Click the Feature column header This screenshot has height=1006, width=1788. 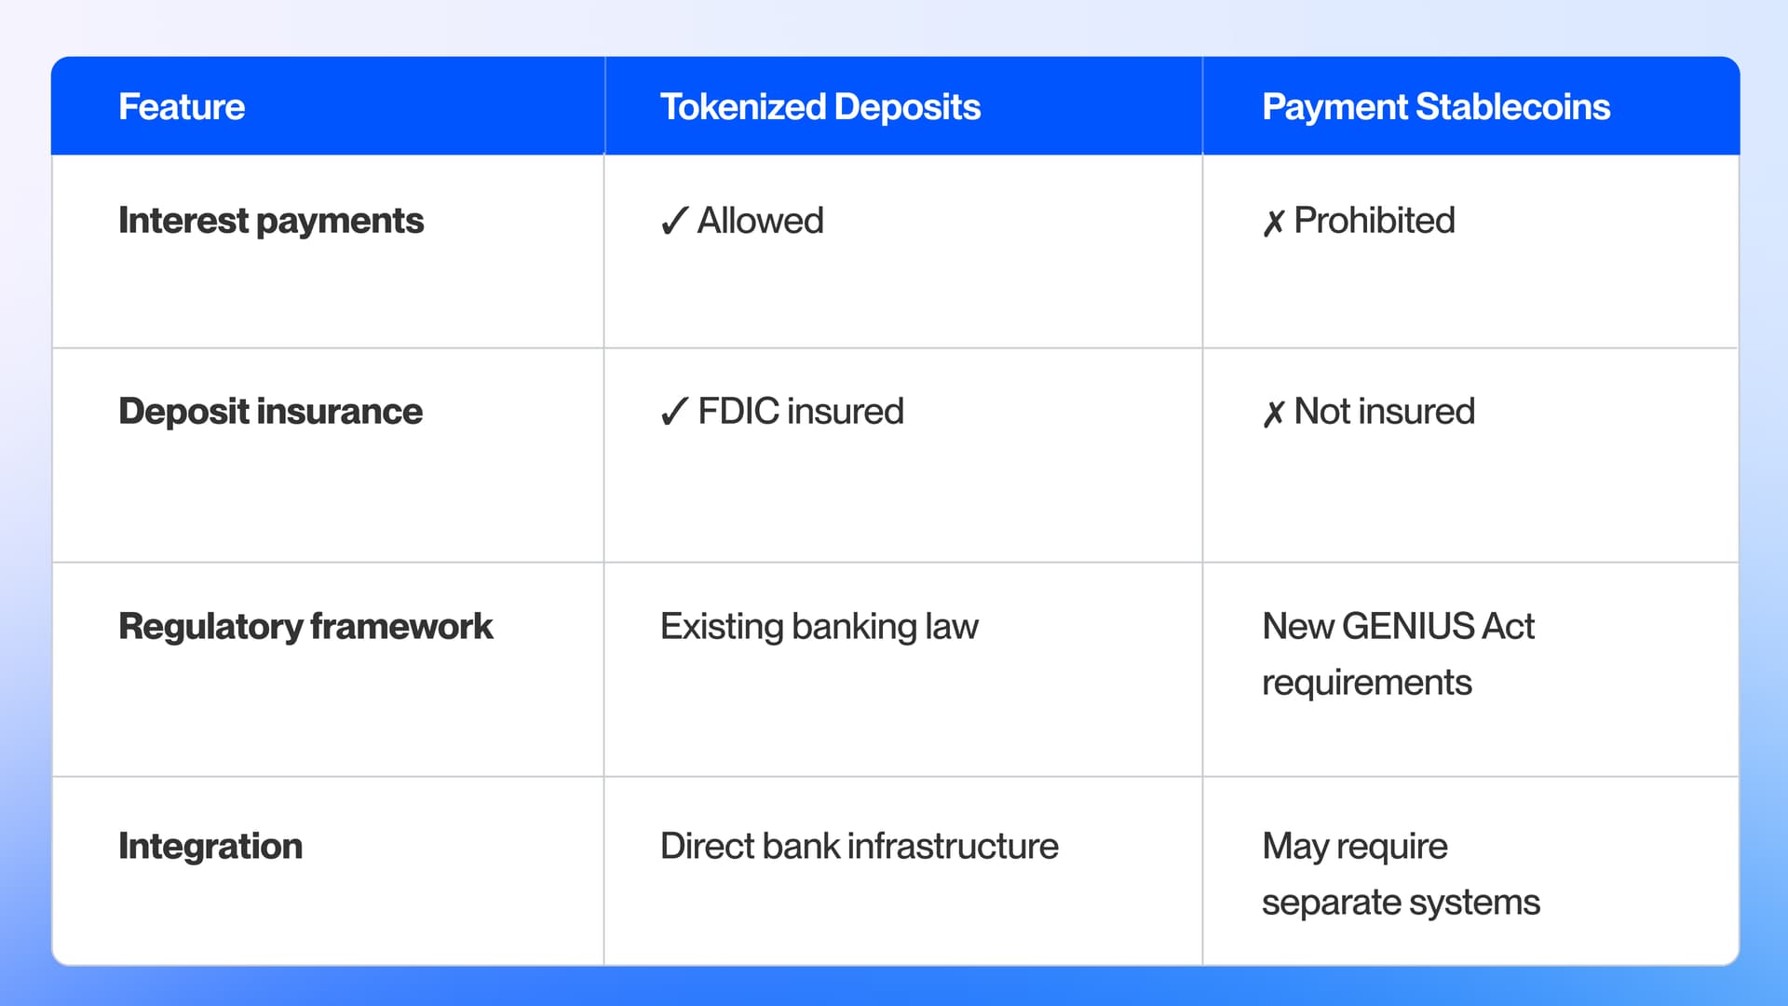(x=182, y=107)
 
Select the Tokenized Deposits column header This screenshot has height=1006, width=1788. (x=819, y=107)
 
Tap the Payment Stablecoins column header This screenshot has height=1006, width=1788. (x=1435, y=107)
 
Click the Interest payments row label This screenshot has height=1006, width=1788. (x=271, y=221)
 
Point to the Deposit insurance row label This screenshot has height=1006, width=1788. (x=270, y=412)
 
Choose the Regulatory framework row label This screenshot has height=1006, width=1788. (x=305, y=627)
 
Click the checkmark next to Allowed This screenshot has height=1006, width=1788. (x=674, y=222)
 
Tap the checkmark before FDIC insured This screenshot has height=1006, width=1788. (x=674, y=412)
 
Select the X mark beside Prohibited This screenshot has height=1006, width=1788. (x=1273, y=223)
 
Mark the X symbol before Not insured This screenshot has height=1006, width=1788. (x=1273, y=413)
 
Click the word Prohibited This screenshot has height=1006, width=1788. (x=1375, y=221)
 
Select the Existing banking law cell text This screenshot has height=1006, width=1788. (x=819, y=627)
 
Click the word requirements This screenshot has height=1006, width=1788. (x=1366, y=683)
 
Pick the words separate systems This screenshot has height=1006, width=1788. (x=1401, y=903)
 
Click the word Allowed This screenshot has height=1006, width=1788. (x=761, y=221)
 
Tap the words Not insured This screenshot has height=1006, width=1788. (x=1385, y=412)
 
